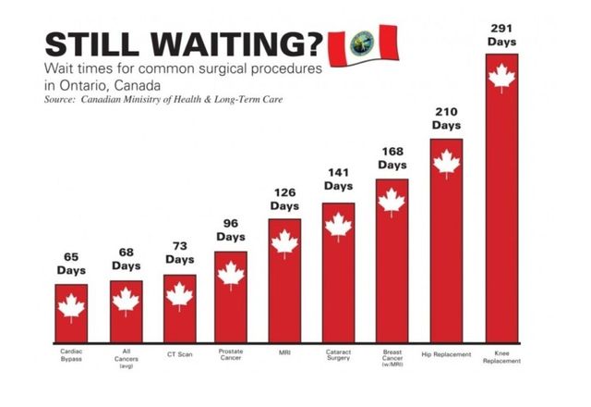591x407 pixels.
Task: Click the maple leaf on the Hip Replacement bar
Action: tap(447, 164)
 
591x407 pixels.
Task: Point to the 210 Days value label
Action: tap(447, 118)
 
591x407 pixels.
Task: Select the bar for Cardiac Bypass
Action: tap(71, 314)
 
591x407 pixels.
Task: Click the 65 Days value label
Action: tap(71, 264)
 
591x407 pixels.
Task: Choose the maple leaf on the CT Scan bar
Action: tap(179, 295)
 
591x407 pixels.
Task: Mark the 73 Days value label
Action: tap(179, 253)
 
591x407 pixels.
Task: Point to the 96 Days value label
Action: tap(231, 229)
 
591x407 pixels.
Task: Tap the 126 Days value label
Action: tap(284, 199)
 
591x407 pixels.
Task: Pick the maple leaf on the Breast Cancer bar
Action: tap(392, 201)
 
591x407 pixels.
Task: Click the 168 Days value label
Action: tap(392, 157)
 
